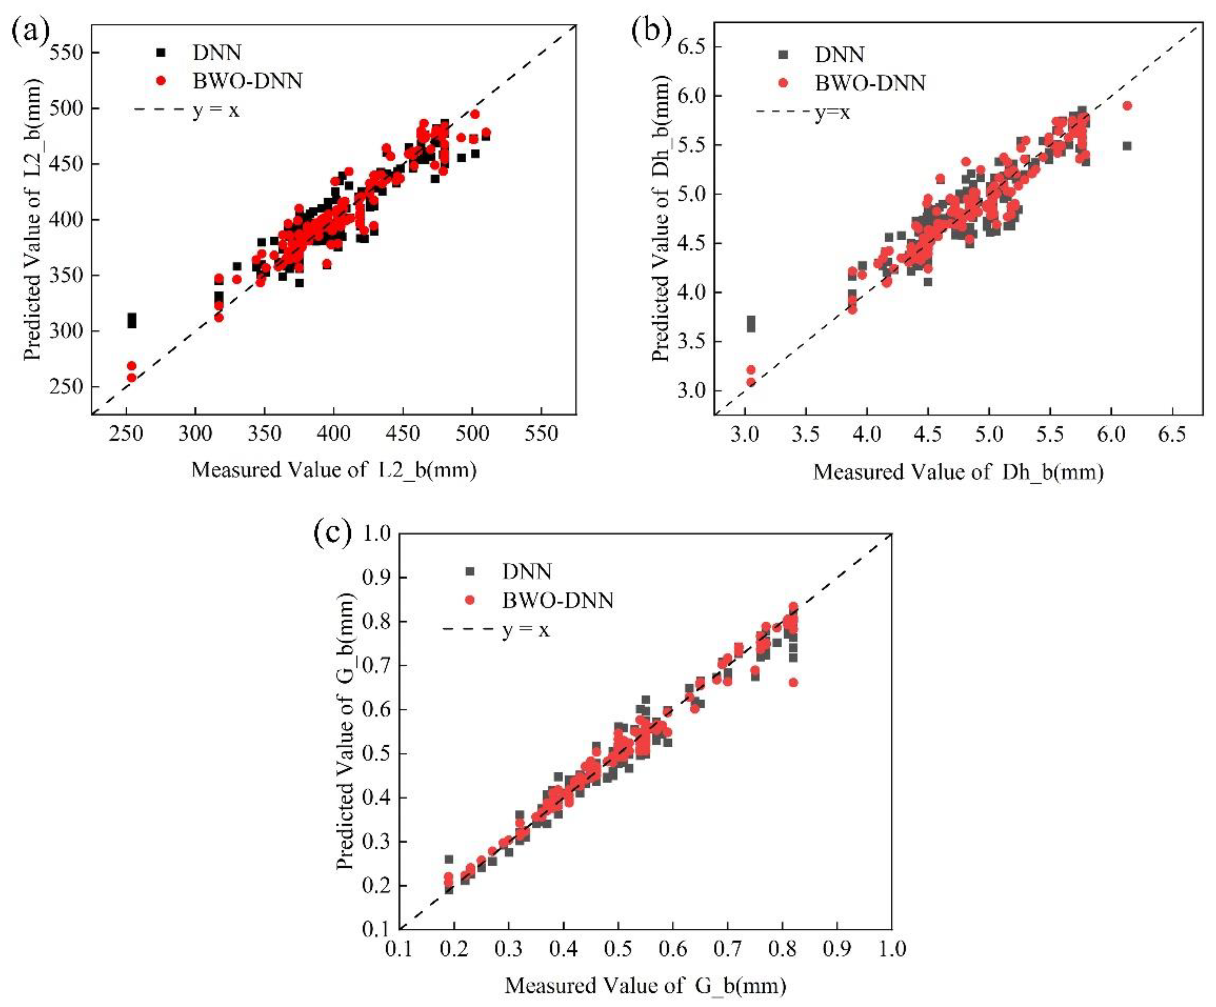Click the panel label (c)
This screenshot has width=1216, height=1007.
pyautogui.click(x=332, y=533)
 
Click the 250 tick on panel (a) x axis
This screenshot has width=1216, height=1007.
pyautogui.click(x=126, y=433)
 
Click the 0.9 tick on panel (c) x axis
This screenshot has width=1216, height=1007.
pyautogui.click(x=837, y=948)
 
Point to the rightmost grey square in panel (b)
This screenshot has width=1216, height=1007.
pyautogui.click(x=1127, y=146)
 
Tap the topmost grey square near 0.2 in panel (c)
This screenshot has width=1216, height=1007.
pyautogui.click(x=449, y=859)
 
